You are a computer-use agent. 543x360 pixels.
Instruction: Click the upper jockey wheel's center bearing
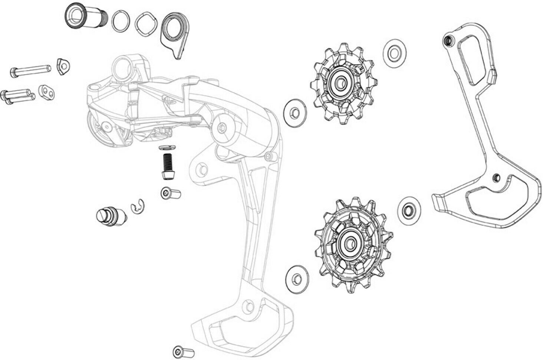340,84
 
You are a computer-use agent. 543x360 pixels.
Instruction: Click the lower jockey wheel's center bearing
349,243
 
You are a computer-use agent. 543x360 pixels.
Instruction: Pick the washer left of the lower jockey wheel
297,278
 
